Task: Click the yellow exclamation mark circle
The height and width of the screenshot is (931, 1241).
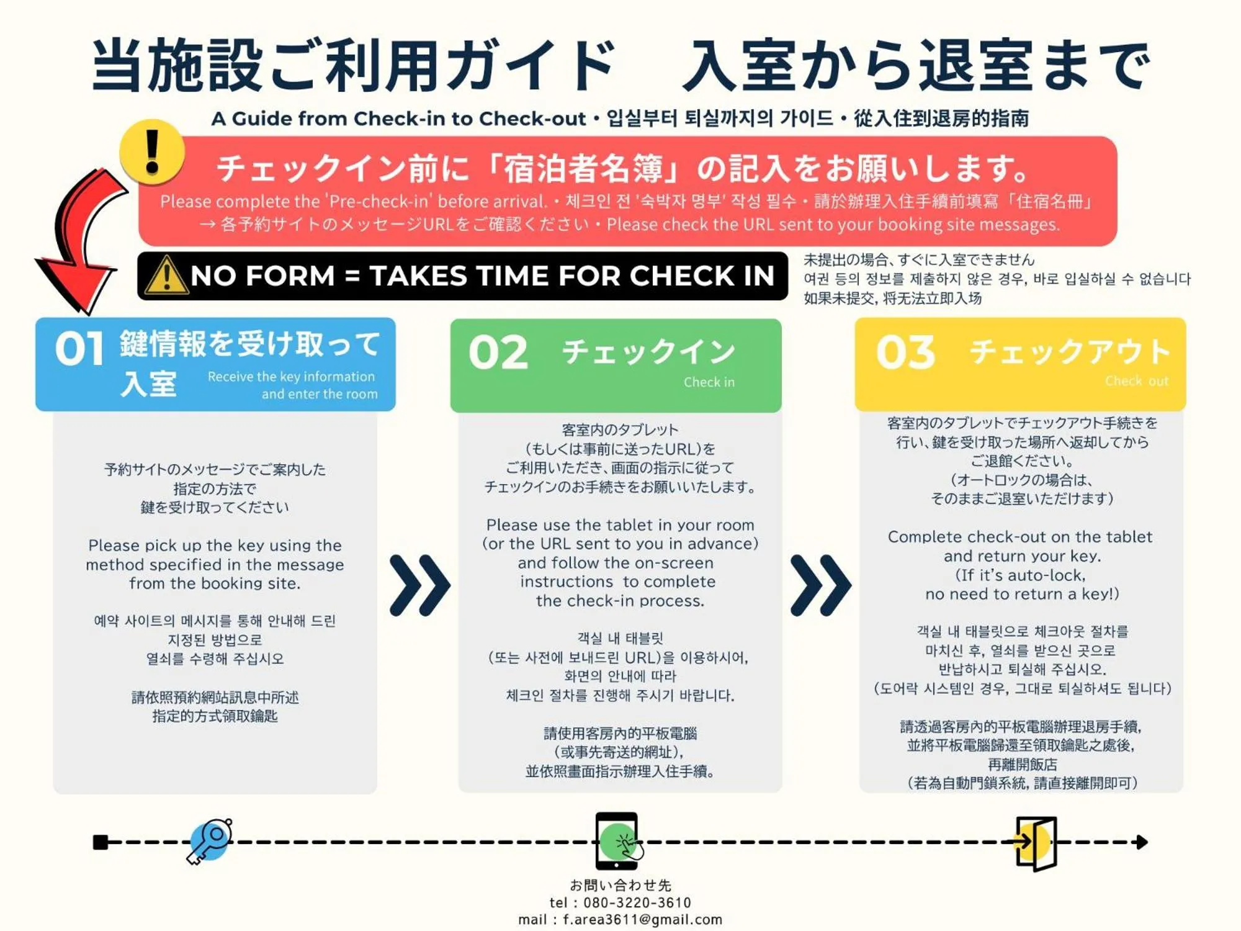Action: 152,152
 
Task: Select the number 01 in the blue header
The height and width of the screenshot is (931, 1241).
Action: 79,349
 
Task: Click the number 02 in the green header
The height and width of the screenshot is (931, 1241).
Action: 498,353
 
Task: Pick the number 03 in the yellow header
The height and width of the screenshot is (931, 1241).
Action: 905,352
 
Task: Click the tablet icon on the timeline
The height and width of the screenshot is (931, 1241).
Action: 618,841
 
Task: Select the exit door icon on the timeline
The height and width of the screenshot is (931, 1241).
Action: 1035,843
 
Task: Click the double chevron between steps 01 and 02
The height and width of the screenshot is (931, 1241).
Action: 420,585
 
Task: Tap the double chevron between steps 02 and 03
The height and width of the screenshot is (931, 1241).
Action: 821,585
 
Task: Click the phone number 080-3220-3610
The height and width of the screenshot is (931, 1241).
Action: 637,902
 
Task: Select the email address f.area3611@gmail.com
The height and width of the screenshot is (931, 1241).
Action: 642,920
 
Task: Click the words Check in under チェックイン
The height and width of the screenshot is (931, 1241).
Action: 709,382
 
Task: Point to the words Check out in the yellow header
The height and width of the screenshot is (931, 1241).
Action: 1137,381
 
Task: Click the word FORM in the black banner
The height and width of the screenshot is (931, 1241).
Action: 290,276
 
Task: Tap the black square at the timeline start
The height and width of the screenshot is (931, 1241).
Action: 100,842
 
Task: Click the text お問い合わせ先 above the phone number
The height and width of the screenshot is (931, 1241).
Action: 620,885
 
